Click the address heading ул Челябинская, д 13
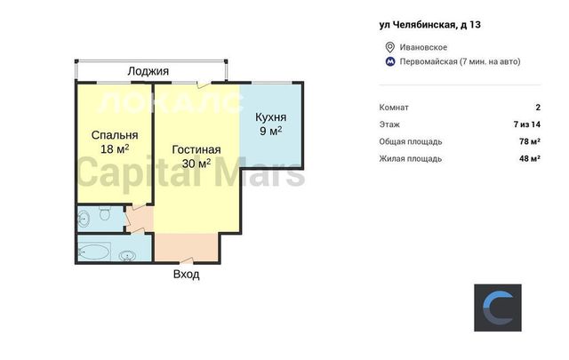tap(429, 25)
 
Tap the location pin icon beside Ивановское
tap(389, 47)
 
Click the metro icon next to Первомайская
tap(390, 61)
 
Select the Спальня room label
tap(115, 135)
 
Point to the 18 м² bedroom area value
tap(115, 148)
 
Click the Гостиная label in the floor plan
tap(196, 149)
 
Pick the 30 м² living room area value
tap(196, 164)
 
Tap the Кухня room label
tap(270, 117)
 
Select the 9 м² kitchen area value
tap(270, 131)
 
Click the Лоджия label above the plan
tap(148, 71)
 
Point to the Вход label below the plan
tap(186, 274)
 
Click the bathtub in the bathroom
tap(93, 252)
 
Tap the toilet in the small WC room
tap(105, 213)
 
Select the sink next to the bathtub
tap(127, 256)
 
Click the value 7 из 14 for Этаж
tap(527, 124)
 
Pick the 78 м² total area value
tap(530, 141)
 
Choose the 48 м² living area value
tap(530, 158)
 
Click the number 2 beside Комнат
tap(538, 108)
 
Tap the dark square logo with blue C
tap(498, 308)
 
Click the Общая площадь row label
tap(411, 141)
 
